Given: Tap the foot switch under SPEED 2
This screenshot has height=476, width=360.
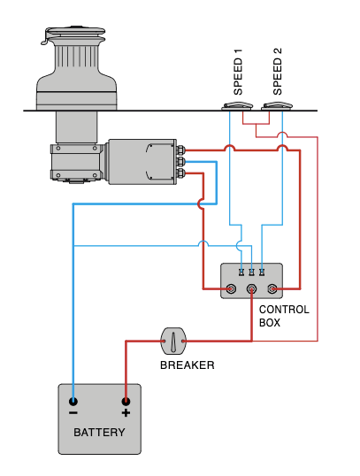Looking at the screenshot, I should click(278, 106).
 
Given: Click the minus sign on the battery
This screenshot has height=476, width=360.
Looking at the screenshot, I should click(73, 413).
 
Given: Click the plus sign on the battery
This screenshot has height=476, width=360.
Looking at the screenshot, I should click(126, 413).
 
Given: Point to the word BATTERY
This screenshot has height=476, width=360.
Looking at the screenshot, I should click(99, 433).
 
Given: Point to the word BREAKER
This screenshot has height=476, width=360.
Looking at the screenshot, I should click(187, 365).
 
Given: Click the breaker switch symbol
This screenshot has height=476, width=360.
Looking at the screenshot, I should click(173, 339).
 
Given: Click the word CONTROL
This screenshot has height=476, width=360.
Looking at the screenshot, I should click(284, 310).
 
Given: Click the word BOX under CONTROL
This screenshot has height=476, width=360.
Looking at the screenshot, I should click(270, 323).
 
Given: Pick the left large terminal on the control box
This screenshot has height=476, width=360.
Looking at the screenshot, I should click(232, 289).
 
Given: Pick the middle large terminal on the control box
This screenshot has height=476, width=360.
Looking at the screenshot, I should click(251, 289).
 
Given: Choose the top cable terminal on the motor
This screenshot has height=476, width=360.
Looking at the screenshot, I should click(180, 150).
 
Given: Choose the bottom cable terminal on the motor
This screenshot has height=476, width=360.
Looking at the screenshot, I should click(180, 173).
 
